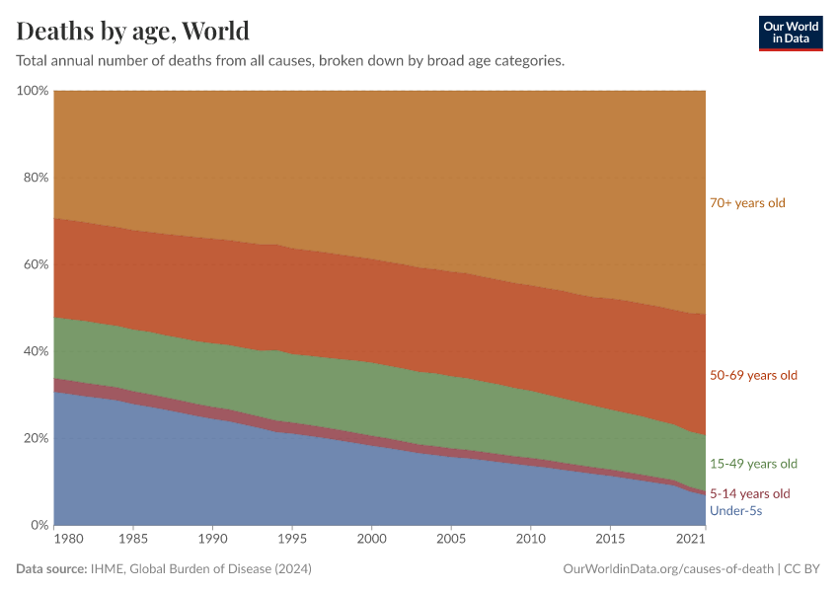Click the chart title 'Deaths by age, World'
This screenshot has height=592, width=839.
132,31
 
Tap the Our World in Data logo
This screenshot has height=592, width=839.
790,33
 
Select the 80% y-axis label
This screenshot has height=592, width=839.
35,178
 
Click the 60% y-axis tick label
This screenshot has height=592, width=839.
35,264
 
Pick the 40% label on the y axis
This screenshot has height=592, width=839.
35,351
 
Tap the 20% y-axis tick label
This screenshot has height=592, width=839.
35,438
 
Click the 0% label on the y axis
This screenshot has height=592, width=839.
38,525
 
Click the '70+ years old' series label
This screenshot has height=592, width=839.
747,203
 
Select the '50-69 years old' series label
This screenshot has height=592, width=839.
753,375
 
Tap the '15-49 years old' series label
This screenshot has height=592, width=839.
753,464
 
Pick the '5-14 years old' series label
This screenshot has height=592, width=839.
750,493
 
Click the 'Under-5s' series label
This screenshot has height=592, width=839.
735,511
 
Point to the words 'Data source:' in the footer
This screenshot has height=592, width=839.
52,569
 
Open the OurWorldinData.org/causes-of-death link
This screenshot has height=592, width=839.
667,569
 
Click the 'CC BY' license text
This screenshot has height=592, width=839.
803,569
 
